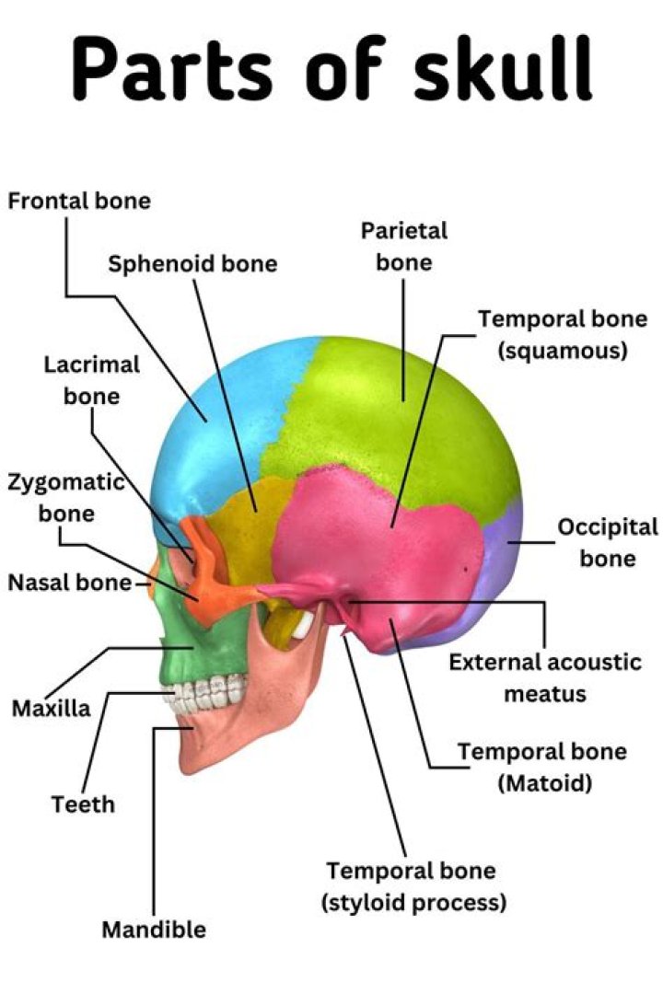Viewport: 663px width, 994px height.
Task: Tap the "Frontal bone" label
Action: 79,201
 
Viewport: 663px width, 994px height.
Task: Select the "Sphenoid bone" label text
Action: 192,264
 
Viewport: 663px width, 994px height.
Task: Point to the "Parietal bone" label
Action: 403,246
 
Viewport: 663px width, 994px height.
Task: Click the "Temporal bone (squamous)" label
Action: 562,334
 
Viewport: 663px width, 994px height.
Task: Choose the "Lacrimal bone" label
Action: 92,380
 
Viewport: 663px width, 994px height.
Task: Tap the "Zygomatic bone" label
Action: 65,497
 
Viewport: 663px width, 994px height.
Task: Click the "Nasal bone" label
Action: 70,583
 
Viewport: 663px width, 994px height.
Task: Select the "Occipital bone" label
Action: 608,543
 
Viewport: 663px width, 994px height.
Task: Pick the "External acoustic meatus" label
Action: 544,676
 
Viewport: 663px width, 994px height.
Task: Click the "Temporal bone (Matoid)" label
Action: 542,767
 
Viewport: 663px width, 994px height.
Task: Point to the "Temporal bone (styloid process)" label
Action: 413,886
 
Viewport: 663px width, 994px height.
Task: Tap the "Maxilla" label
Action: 52,709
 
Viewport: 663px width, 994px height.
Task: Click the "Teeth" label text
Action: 83,804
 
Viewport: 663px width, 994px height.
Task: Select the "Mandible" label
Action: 154,930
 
